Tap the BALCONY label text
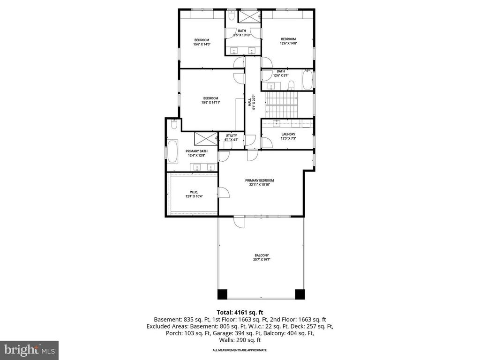pos(262,255)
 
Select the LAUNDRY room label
pos(288,134)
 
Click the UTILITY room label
pos(231,135)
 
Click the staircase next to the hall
pos(281,105)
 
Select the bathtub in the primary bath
pos(172,151)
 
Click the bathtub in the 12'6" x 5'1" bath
pos(307,80)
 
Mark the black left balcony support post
pos(222,294)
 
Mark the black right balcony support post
pos(300,294)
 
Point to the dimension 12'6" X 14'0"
pos(288,43)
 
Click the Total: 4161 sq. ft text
pos(240,312)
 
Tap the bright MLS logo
pos(29,350)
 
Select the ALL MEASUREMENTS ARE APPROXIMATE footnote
pos(240,350)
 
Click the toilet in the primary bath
pos(173,125)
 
